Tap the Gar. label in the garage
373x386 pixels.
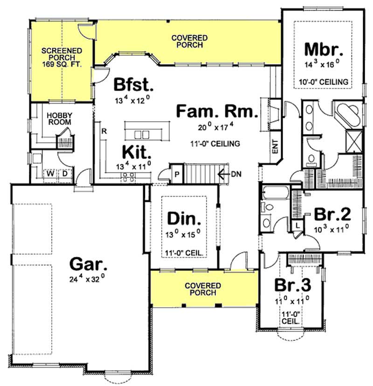(88, 264)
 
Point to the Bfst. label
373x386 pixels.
(133, 85)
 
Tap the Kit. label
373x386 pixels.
(137, 152)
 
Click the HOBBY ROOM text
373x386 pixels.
(60, 117)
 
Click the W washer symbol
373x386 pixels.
(49, 174)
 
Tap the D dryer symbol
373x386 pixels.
(65, 174)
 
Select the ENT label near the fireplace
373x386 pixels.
(275, 150)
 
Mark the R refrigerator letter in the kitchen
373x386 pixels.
(104, 131)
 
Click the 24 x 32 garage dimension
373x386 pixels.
(88, 280)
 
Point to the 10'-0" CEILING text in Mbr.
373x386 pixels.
(324, 82)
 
